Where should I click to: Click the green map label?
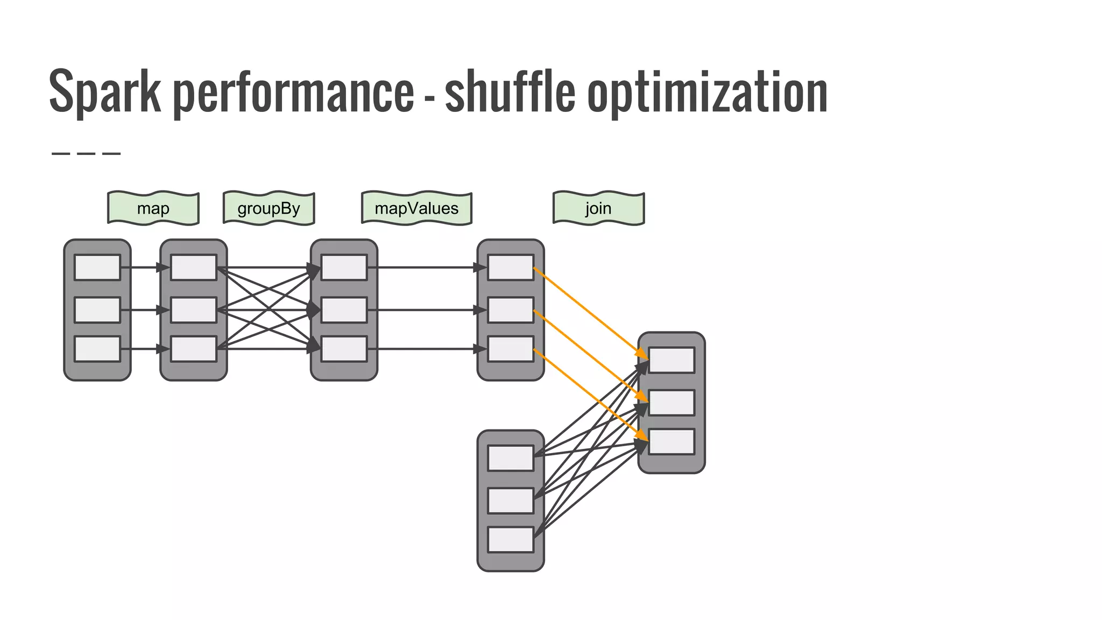pyautogui.click(x=153, y=208)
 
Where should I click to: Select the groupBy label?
pyautogui.click(x=269, y=208)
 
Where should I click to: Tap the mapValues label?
pyautogui.click(x=416, y=208)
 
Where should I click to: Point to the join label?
pyautogui.click(x=598, y=208)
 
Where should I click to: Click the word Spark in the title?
pyautogui.click(x=105, y=91)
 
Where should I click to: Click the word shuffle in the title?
pyautogui.click(x=510, y=91)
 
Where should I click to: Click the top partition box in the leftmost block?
pyautogui.click(x=97, y=267)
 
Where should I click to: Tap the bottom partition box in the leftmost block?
pyautogui.click(x=97, y=349)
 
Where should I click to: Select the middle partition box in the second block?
pyautogui.click(x=194, y=310)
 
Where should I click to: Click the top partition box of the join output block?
pyautogui.click(x=672, y=360)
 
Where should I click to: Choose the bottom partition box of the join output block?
pyautogui.click(x=672, y=441)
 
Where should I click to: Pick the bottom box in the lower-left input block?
pyautogui.click(x=511, y=539)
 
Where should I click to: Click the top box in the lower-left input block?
pyautogui.click(x=511, y=458)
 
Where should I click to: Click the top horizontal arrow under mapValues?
pyautogui.click(x=425, y=267)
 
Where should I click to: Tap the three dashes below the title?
pyautogui.click(x=86, y=153)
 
